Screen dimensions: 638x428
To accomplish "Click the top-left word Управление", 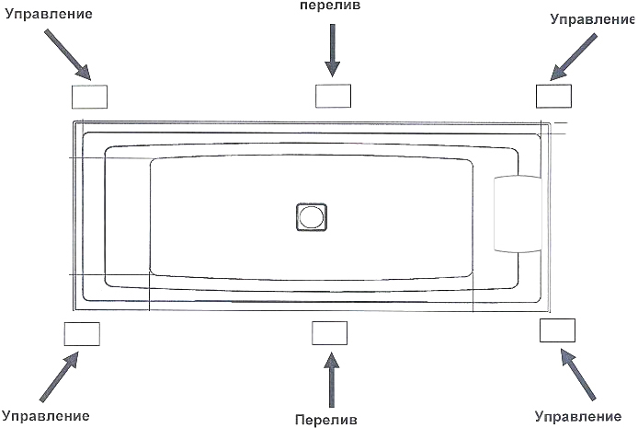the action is click(x=49, y=14).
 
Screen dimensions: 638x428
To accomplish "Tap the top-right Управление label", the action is click(x=592, y=19).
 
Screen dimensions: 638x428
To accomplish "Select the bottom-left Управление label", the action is click(x=46, y=416).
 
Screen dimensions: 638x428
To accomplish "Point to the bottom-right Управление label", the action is click(x=577, y=417).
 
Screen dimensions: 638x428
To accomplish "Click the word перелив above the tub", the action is click(x=330, y=6).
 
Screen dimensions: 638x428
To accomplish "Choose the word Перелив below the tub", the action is click(x=326, y=420).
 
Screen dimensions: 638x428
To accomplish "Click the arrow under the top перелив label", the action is click(x=333, y=50).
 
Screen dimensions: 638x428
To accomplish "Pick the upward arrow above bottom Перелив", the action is click(x=332, y=379).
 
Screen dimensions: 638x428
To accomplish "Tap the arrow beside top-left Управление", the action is click(x=67, y=54).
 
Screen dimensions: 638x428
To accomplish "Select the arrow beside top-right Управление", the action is click(x=574, y=57).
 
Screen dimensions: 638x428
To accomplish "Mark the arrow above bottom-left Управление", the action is click(x=60, y=376).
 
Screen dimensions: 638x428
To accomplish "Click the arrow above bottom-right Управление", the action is click(x=577, y=374).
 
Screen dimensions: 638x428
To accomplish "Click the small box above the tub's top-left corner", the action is click(x=89, y=97).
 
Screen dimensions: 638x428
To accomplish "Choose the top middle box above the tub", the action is click(x=333, y=96).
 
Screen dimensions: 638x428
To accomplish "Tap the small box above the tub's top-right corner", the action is click(x=553, y=96).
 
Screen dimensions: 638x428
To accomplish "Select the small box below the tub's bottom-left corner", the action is click(x=82, y=334).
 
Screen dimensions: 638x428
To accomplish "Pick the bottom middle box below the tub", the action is click(x=330, y=333).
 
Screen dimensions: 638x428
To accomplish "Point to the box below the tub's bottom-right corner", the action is click(x=557, y=330).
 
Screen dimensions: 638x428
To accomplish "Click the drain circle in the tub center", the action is click(x=312, y=217).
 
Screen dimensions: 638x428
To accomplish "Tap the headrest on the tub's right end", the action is click(x=518, y=214).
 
